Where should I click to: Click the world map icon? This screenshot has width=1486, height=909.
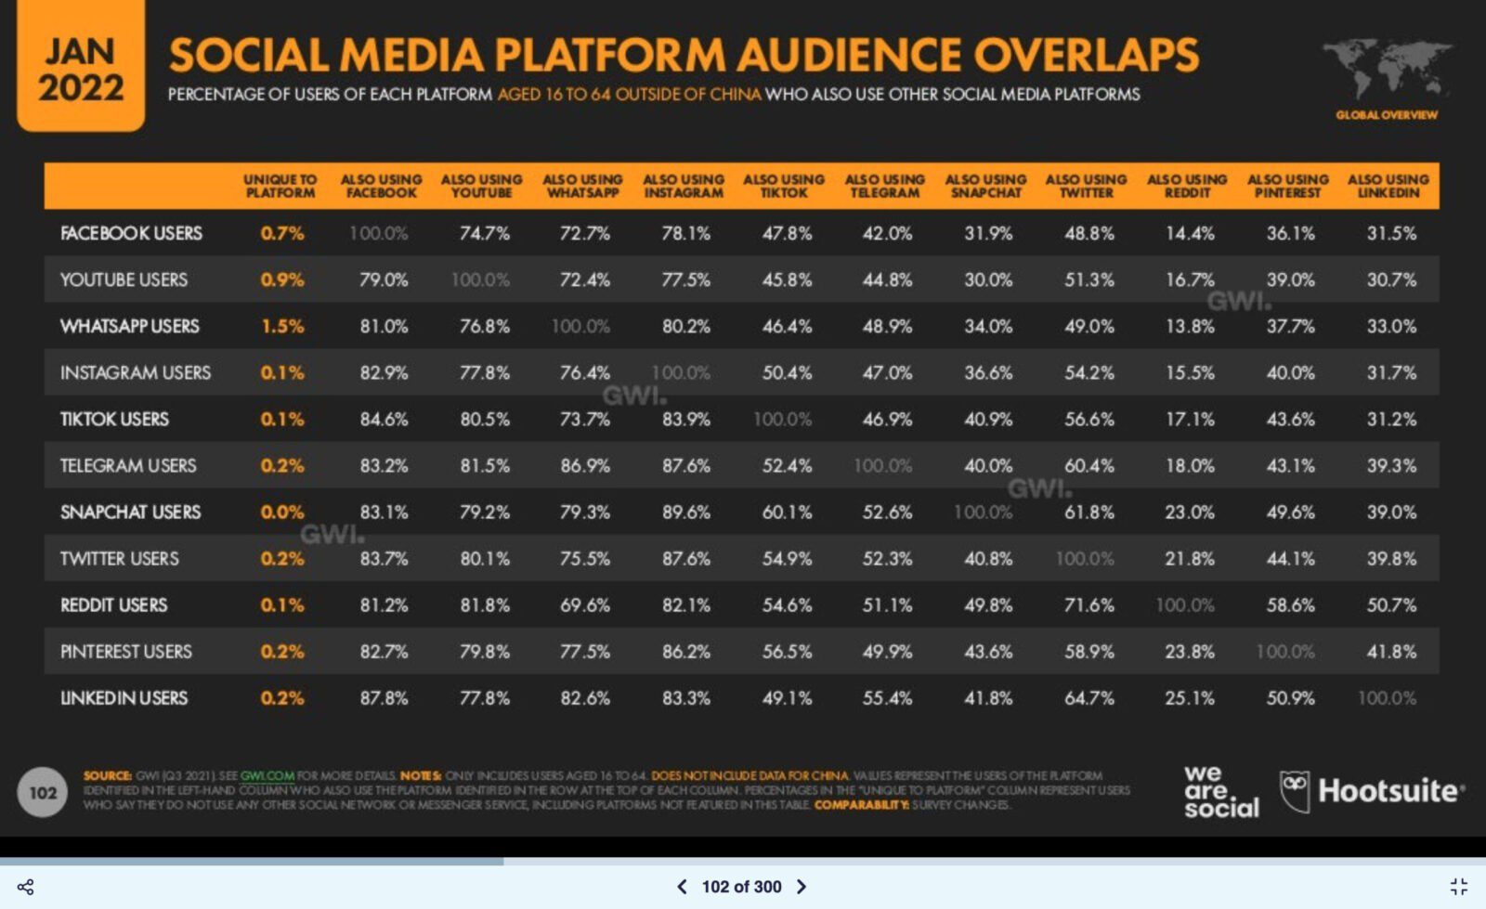(x=1387, y=70)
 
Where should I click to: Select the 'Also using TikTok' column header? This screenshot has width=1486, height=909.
(x=784, y=186)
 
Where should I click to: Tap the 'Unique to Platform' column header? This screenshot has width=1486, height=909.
(x=280, y=186)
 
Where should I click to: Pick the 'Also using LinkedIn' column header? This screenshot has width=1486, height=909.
(x=1388, y=186)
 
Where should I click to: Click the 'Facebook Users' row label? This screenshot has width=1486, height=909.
(x=131, y=233)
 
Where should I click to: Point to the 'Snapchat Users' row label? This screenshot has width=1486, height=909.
(x=130, y=512)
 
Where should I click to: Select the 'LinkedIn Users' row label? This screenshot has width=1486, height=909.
(x=124, y=697)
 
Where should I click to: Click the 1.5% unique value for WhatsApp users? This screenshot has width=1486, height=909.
(x=282, y=326)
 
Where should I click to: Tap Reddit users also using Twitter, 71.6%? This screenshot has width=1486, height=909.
(x=1088, y=604)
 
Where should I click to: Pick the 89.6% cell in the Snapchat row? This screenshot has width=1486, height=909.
(x=685, y=512)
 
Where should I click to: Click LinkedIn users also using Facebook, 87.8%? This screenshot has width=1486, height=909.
(x=384, y=697)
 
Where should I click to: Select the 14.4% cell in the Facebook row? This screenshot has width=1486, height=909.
(x=1190, y=233)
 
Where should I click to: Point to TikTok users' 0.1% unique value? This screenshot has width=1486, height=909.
(x=282, y=419)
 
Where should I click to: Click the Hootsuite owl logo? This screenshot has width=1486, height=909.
(x=1294, y=791)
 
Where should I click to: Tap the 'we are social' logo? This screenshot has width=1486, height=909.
(x=1220, y=791)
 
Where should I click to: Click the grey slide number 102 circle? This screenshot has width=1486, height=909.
(x=43, y=792)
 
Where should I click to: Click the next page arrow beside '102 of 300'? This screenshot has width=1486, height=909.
(x=802, y=887)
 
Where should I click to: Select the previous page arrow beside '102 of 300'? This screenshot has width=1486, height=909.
(x=682, y=887)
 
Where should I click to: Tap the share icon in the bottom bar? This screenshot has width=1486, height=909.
(x=26, y=887)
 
